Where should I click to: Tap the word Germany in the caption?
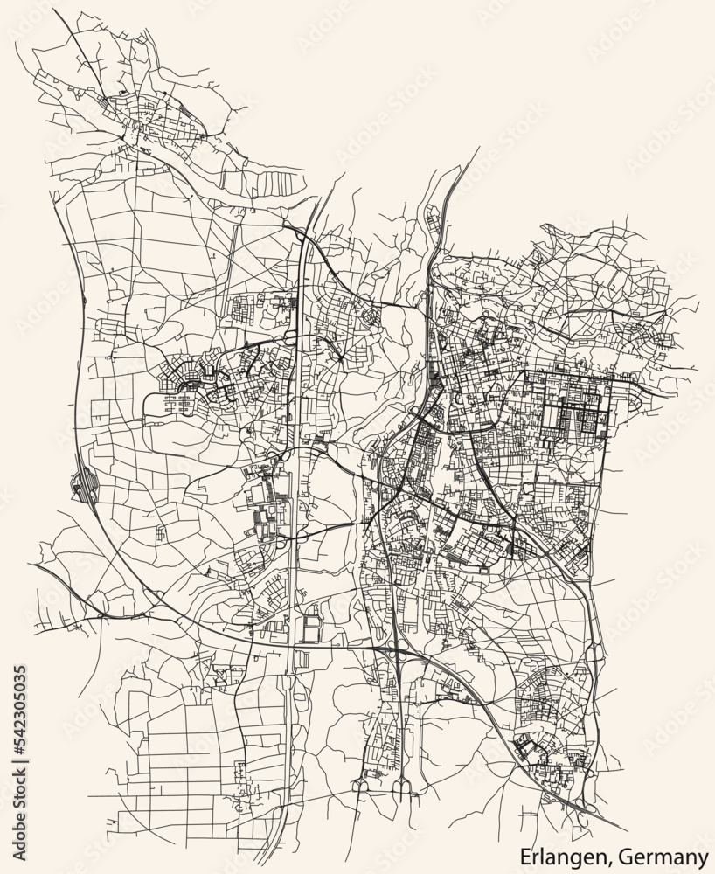pos(667,854)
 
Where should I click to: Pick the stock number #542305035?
pos(20,708)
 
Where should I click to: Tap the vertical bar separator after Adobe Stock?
pos(20,757)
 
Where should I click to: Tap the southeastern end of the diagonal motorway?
pos(626,829)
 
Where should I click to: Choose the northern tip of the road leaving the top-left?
pos(55,12)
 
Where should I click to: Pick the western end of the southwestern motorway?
pos(35,565)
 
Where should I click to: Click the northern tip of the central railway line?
pos(479,149)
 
